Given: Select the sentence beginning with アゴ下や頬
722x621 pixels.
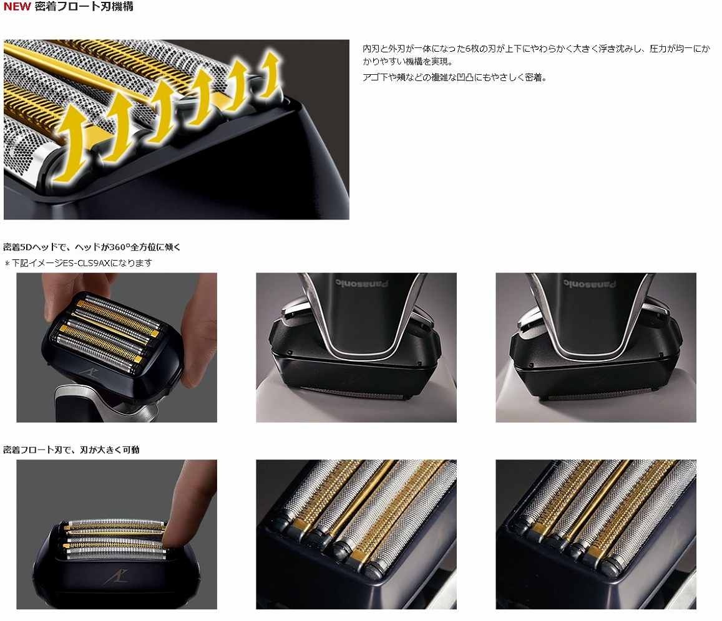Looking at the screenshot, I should [454, 78].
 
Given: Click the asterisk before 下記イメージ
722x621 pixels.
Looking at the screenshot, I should [7, 263].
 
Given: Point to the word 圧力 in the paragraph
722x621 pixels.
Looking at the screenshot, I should [643, 49].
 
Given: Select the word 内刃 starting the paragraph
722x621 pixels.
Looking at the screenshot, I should [371, 49].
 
